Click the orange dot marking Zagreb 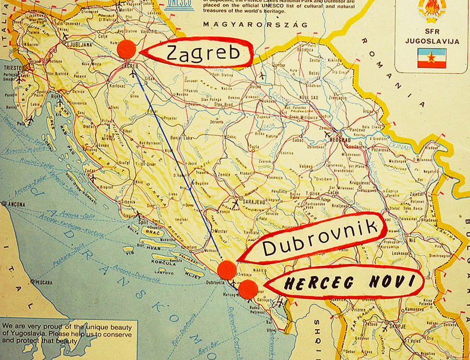coord(127,49)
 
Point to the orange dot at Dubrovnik coord(227,269)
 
